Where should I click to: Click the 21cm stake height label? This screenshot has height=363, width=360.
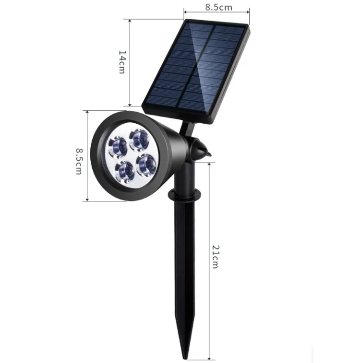pos(216,257)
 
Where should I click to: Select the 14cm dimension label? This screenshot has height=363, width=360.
pos(122,62)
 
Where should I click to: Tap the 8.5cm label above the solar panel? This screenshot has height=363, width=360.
pos(218,7)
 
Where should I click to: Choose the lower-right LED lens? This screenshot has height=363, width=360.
pos(146,164)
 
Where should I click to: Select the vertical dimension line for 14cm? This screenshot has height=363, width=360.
pos(130,62)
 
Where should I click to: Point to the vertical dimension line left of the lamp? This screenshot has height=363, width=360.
pos(87,156)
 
